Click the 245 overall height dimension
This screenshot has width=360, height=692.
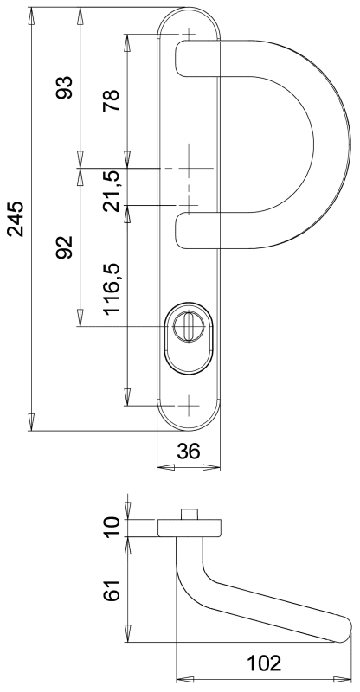16,219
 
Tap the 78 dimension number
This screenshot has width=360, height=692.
112,100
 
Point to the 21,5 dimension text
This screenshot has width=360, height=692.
112,190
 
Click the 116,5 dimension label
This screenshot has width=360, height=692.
112,288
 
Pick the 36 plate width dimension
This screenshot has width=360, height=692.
189,451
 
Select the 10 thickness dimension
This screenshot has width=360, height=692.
112,528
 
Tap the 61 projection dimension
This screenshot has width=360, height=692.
112,590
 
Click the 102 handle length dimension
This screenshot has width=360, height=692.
264,663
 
